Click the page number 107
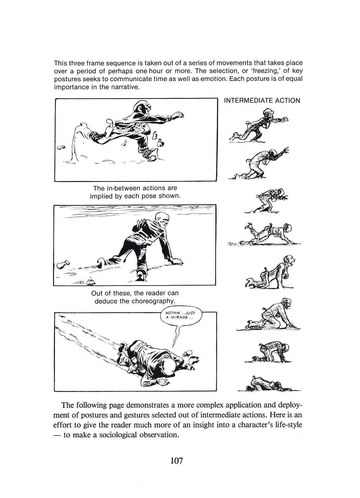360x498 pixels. pos(176,460)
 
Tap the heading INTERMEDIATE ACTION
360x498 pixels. pos(262,101)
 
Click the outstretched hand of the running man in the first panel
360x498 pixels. pos(179,115)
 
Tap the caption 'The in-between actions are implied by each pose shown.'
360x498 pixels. pos(135,192)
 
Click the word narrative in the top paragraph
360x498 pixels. pos(123,87)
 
